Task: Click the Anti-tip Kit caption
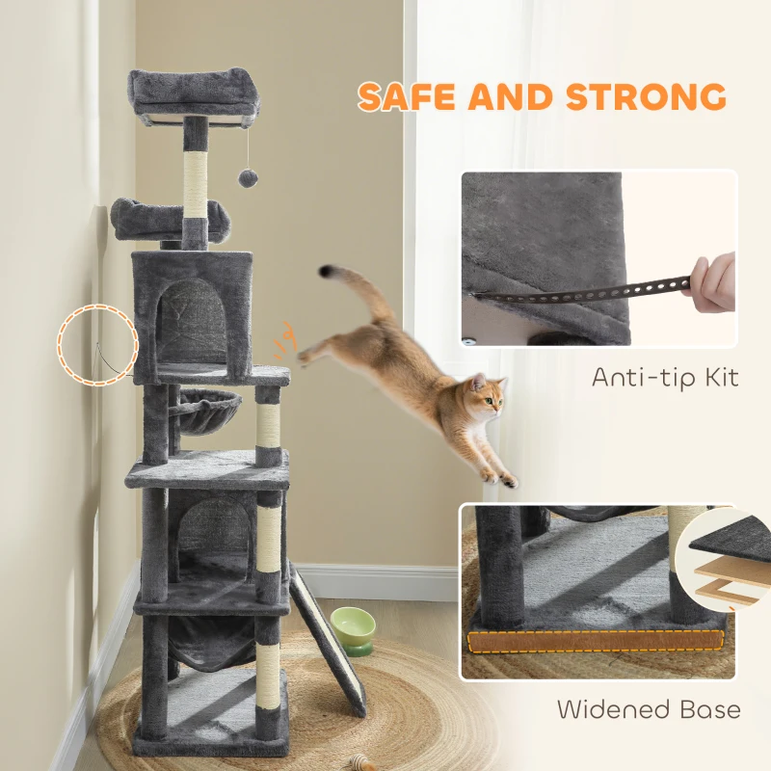665,377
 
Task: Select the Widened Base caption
649,710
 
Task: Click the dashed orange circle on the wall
96,344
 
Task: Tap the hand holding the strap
712,280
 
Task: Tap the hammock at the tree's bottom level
213,641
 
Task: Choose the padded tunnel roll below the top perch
170,218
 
